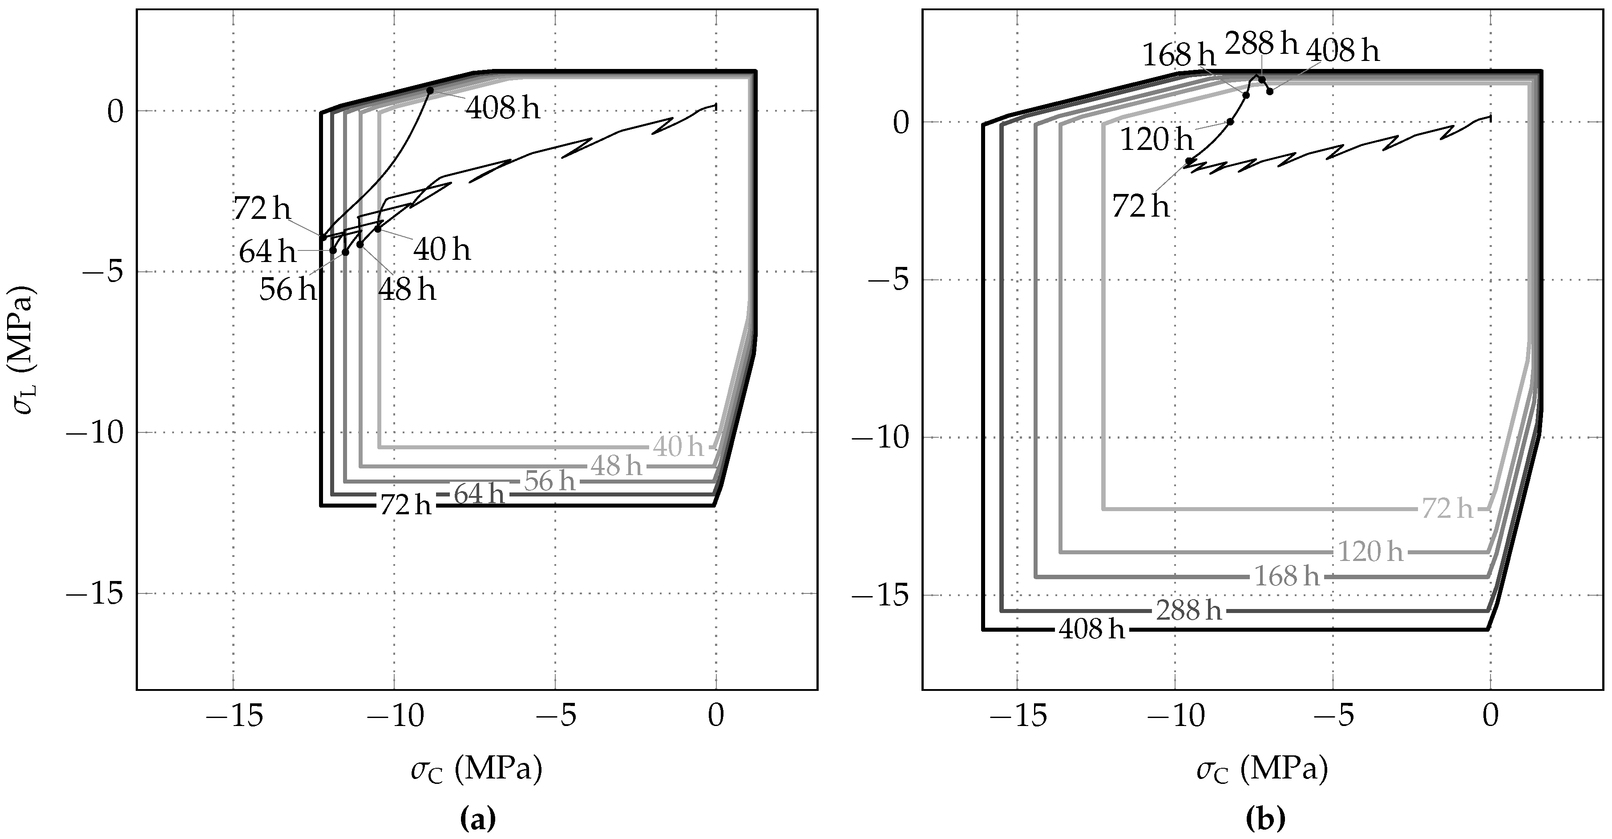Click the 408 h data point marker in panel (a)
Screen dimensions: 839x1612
430,91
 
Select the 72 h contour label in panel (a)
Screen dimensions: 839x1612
405,505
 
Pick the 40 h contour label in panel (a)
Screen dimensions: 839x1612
679,447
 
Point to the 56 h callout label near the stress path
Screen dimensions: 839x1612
288,290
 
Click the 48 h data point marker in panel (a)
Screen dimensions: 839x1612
360,245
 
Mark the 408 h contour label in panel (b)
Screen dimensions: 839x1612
1091,629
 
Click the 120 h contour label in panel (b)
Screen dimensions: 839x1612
1370,552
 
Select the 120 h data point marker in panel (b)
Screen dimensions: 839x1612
1230,121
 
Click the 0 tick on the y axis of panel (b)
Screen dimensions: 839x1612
900,123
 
